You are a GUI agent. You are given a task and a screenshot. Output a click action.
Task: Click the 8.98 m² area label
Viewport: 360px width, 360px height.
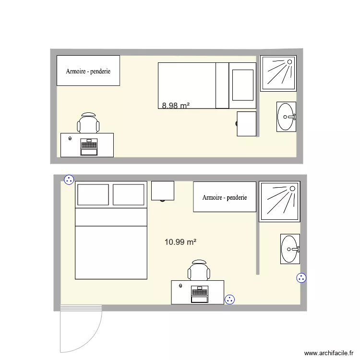coord(175,106)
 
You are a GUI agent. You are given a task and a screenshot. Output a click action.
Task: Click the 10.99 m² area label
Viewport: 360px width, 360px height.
coord(180,242)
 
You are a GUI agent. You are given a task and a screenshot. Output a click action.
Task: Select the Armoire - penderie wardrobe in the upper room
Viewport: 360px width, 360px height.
coord(88,71)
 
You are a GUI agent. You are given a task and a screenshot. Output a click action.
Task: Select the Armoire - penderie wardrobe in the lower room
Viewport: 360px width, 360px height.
coord(225,197)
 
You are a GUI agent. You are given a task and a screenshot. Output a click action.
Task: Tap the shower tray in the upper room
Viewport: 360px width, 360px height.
coord(278,73)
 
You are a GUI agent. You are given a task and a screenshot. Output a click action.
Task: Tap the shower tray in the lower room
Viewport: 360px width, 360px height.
coord(279,202)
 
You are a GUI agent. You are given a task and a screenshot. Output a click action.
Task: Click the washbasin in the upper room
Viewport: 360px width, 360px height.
coord(287,116)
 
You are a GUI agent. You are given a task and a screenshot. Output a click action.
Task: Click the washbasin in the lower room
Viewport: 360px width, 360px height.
coord(290,249)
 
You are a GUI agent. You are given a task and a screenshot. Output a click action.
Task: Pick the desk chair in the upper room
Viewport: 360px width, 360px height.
coord(89,124)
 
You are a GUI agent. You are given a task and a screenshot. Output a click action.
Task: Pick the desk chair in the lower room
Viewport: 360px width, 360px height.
coord(199,271)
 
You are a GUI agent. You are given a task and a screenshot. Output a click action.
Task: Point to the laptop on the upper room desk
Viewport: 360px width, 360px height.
coord(89,146)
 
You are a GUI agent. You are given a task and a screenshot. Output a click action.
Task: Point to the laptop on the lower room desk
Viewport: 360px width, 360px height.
coord(199,294)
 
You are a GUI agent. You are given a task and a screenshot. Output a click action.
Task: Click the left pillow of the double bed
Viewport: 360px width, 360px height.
coord(93,195)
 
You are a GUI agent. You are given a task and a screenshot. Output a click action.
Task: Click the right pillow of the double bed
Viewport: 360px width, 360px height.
coord(129,195)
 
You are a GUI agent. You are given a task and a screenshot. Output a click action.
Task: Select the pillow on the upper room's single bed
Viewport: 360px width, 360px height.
coord(242,85)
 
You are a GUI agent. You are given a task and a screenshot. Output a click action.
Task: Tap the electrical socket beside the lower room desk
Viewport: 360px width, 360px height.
coord(230,300)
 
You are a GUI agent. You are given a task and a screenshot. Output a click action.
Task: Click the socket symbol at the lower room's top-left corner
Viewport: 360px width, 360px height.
coord(69,180)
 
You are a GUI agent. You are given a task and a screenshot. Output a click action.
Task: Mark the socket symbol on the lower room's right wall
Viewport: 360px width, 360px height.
coord(301,277)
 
